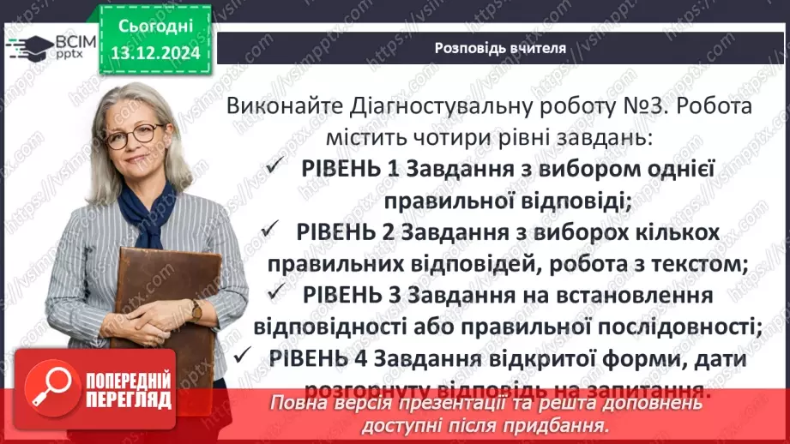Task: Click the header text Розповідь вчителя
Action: pyautogui.click(x=499, y=48)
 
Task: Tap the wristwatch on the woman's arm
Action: pyautogui.click(x=196, y=309)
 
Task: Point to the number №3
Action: pyautogui.click(x=636, y=107)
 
